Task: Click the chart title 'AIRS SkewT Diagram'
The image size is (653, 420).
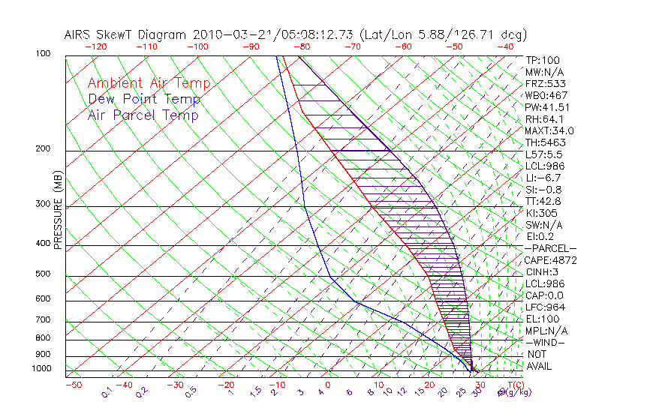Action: click(x=128, y=35)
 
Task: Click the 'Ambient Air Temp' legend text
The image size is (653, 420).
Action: click(x=149, y=84)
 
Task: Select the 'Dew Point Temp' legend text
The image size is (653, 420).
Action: click(x=144, y=100)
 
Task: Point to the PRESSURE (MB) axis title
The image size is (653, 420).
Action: click(x=57, y=210)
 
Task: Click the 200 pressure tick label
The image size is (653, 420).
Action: click(x=44, y=149)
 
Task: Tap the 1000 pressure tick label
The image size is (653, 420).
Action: click(x=42, y=369)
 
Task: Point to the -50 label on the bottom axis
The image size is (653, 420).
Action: click(x=73, y=385)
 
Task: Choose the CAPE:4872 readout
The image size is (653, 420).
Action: click(x=550, y=260)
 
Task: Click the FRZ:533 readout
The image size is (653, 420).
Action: click(x=546, y=84)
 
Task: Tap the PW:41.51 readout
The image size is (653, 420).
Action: click(x=549, y=107)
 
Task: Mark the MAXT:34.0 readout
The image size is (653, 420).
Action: click(x=550, y=131)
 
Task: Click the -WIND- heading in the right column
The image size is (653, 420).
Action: click(x=545, y=342)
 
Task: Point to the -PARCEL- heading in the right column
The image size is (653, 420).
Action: click(x=550, y=248)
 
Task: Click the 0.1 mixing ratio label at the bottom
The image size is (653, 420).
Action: click(x=107, y=391)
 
